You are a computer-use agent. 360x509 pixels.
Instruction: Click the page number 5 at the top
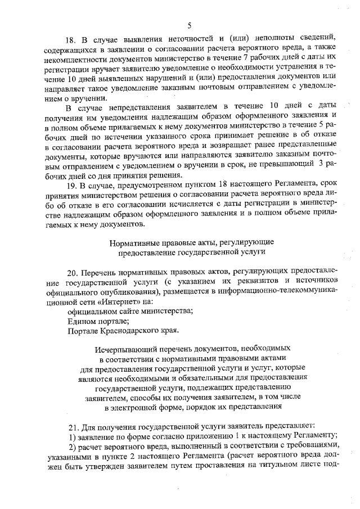(189, 25)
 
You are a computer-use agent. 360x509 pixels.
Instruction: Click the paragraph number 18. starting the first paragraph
(71, 41)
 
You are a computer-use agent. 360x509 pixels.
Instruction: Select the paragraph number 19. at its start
(71, 185)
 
